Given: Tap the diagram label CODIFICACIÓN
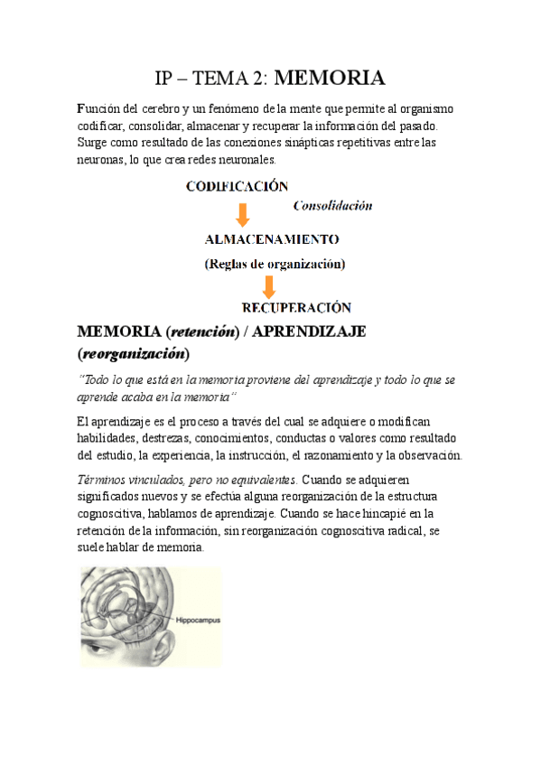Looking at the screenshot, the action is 237,187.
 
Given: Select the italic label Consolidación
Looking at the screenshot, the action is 332,206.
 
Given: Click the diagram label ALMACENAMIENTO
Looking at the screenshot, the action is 272,240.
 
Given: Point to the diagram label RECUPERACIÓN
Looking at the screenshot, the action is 297,307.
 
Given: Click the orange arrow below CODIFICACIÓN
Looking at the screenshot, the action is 242,215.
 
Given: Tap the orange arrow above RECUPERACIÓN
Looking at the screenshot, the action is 268,286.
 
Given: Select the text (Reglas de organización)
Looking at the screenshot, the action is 275,264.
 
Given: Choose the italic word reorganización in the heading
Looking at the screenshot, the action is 135,352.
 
